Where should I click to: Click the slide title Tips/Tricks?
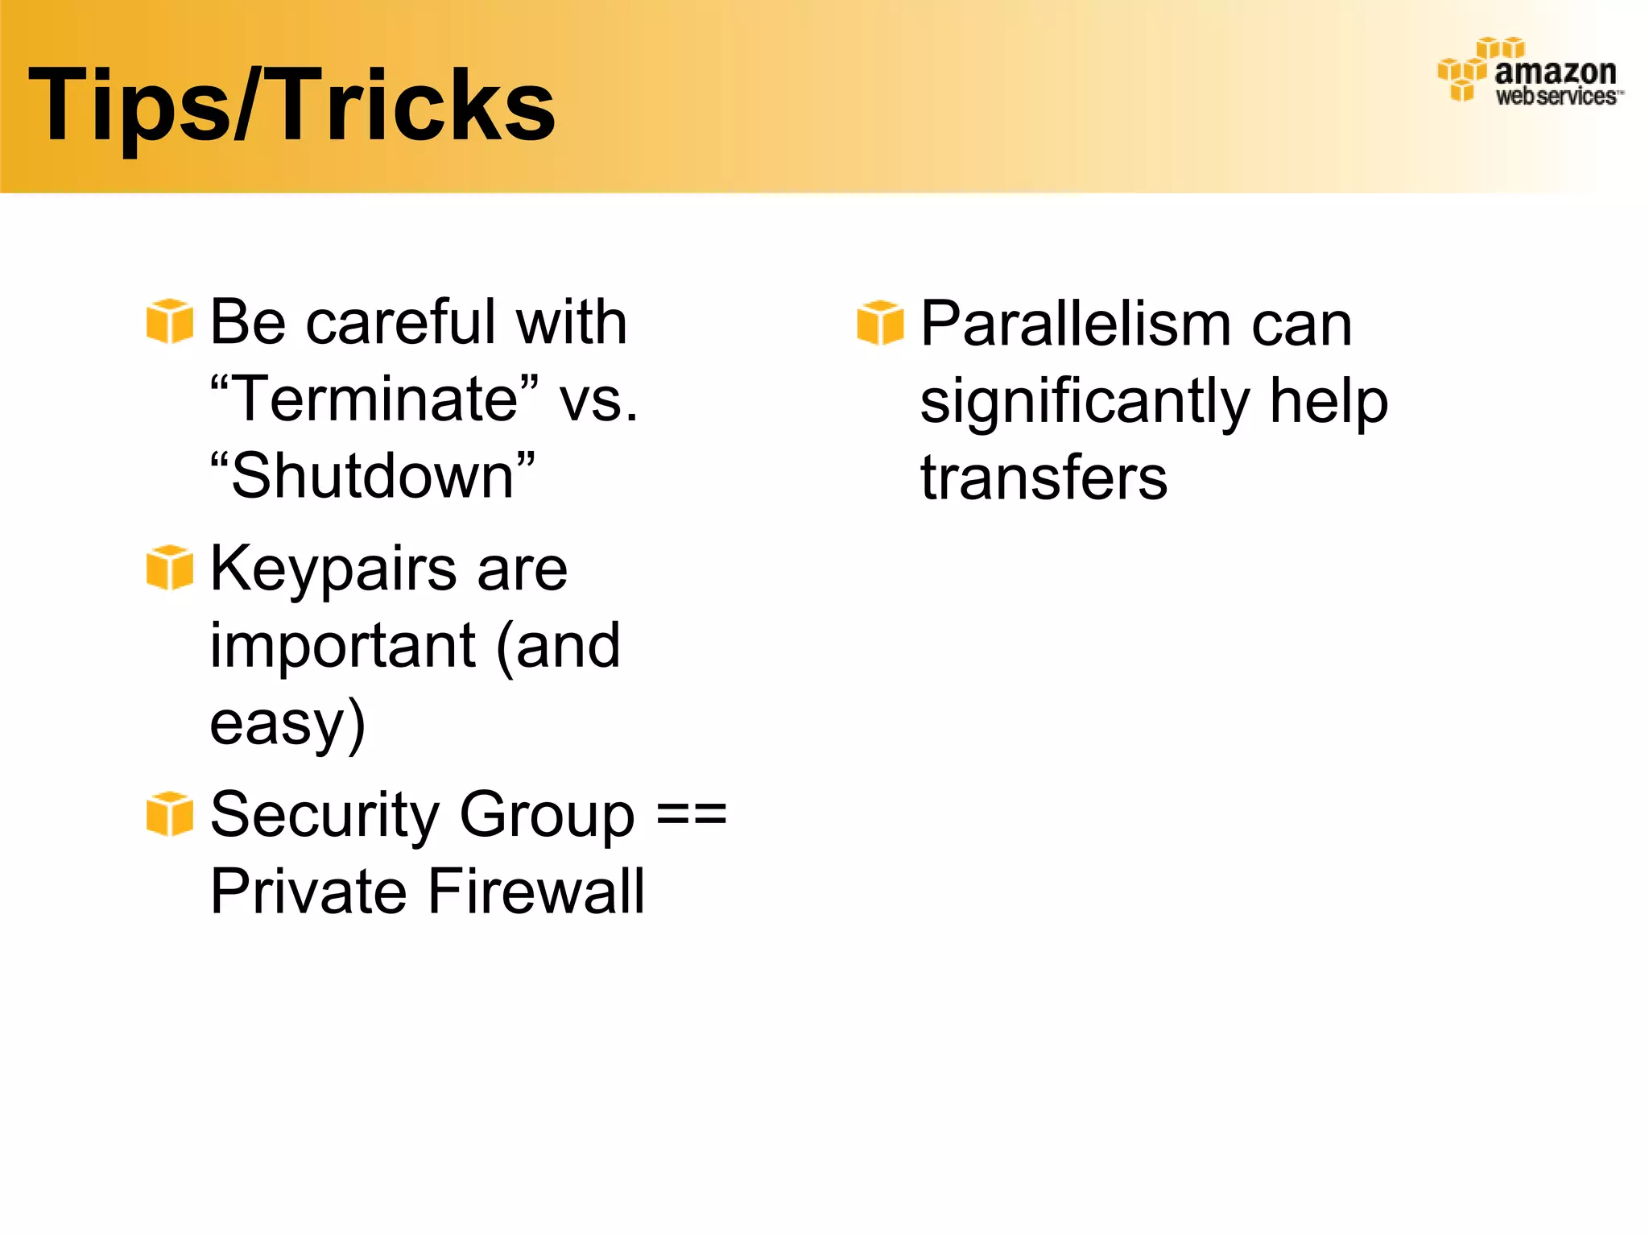(x=291, y=105)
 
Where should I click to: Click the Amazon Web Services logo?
(x=1530, y=72)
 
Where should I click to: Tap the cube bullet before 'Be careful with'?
(x=170, y=321)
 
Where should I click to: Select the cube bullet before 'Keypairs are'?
(x=170, y=568)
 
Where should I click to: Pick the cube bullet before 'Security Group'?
(x=170, y=814)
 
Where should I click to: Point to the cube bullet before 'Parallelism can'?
(x=880, y=323)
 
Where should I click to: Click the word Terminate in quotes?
(x=374, y=399)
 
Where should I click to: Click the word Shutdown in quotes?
(x=372, y=476)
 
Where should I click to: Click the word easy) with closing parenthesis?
(x=287, y=723)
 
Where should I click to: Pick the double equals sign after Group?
(x=691, y=815)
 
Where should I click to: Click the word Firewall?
(x=536, y=892)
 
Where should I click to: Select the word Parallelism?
(x=1076, y=324)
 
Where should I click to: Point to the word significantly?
(x=1085, y=403)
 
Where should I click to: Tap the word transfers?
(x=1044, y=478)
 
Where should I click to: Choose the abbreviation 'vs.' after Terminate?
(x=599, y=399)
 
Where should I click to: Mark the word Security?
(x=324, y=815)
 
